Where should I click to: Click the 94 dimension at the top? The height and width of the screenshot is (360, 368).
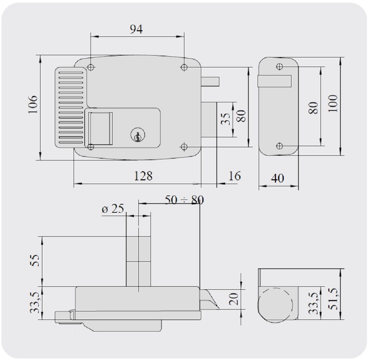tap(136, 29)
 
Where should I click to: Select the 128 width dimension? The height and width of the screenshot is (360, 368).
tap(143, 176)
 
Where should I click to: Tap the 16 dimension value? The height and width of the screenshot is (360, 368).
tap(234, 176)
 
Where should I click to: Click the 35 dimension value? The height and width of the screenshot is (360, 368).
tap(226, 119)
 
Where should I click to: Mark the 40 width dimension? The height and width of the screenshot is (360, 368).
tap(277, 178)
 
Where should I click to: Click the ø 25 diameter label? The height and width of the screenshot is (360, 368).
tap(113, 209)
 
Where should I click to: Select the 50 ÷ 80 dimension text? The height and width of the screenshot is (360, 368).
tap(184, 200)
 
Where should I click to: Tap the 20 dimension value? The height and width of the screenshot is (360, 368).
tap(234, 299)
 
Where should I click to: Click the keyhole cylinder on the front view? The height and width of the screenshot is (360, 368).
tap(136, 135)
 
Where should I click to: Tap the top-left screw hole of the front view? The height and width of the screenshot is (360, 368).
tap(91, 67)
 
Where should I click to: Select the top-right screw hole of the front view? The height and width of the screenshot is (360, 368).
tap(184, 67)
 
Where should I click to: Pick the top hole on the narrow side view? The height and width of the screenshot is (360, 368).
tap(280, 67)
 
